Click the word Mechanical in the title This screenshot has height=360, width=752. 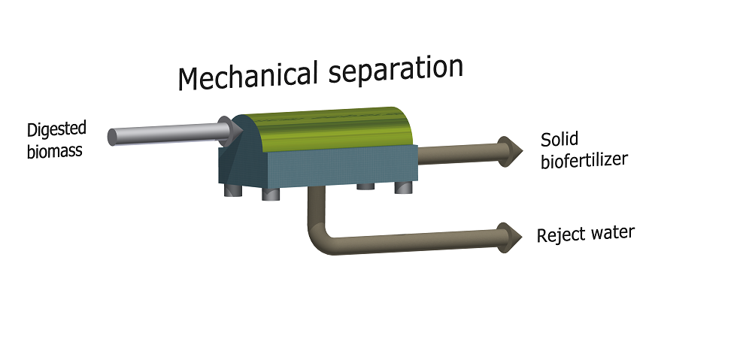tap(247, 76)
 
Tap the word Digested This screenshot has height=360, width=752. tap(56, 131)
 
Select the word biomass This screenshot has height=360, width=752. tap(55, 150)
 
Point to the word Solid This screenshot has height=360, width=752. tap(559, 140)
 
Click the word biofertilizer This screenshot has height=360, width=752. tap(584, 160)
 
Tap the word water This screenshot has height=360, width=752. tap(614, 233)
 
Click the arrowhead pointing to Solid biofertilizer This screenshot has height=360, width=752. tap(511, 152)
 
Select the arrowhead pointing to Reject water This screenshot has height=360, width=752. tap(510, 237)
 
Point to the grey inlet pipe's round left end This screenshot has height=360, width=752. tap(112, 137)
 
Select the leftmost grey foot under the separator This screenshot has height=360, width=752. tap(233, 190)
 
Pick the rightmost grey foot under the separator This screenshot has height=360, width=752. tap(404, 187)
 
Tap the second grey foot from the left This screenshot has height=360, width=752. tap(271, 194)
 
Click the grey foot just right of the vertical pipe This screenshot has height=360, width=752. tap(365, 186)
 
